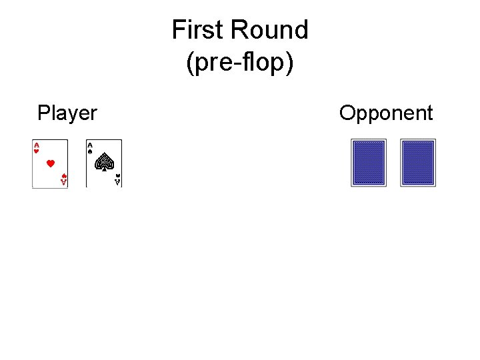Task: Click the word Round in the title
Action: [x=269, y=30]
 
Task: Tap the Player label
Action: [x=67, y=113]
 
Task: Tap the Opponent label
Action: [x=386, y=113]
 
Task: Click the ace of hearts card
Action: [x=50, y=163]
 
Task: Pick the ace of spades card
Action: [x=104, y=163]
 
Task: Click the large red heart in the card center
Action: [x=50, y=163]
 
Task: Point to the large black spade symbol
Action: [x=104, y=162]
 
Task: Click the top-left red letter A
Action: [x=36, y=144]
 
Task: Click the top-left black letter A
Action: [x=90, y=144]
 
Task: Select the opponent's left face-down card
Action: [x=369, y=163]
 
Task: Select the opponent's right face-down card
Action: [x=418, y=163]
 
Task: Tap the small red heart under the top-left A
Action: [x=36, y=151]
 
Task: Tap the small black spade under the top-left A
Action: [x=90, y=151]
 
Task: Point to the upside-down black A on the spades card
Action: [x=117, y=183]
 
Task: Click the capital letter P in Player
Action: [x=43, y=113]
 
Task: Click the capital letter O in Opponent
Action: [x=347, y=113]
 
